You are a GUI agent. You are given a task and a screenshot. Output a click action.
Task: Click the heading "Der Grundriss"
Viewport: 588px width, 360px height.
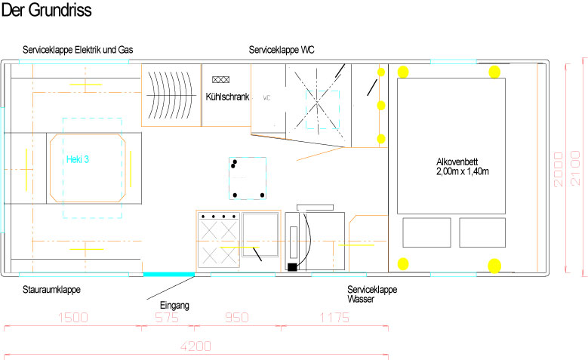[47, 10]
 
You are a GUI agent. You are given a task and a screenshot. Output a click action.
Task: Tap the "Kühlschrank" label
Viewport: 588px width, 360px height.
[227, 97]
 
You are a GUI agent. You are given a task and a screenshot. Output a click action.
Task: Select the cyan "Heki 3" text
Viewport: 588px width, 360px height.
[78, 159]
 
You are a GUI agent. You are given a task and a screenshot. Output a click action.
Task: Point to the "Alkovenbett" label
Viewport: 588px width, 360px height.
[457, 162]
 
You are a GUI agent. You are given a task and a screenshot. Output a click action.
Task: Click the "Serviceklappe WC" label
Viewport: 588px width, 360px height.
[282, 50]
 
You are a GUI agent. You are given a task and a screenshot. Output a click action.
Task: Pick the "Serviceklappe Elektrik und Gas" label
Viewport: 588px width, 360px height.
[78, 50]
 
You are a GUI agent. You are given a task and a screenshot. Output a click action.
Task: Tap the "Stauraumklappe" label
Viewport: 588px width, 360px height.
[52, 290]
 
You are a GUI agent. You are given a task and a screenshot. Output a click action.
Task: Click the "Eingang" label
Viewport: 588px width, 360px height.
[175, 305]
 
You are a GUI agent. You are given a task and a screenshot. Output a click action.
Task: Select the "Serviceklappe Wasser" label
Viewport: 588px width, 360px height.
[372, 294]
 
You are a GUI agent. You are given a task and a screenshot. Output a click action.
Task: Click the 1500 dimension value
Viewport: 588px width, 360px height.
[73, 318]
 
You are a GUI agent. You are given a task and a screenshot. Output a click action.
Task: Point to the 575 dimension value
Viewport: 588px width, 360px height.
[167, 318]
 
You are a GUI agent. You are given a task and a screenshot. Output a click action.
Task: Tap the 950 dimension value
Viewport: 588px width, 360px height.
[237, 318]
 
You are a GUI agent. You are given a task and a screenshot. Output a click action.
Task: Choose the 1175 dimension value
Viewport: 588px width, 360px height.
[334, 318]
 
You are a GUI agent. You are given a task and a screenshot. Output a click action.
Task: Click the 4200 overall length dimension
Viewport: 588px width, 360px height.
[195, 346]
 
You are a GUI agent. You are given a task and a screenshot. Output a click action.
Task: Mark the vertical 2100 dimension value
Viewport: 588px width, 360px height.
[575, 168]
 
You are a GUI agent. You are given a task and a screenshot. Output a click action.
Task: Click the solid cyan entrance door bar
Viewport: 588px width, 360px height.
[169, 275]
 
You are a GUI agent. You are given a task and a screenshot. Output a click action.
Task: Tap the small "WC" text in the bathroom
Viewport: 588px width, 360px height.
[266, 98]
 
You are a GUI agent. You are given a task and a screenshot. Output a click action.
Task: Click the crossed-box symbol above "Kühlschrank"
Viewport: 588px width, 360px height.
[221, 79]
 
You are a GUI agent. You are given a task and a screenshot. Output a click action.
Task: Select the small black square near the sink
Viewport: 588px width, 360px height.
[292, 267]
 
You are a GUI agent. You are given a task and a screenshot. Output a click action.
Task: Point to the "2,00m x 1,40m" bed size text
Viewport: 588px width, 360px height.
[463, 171]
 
